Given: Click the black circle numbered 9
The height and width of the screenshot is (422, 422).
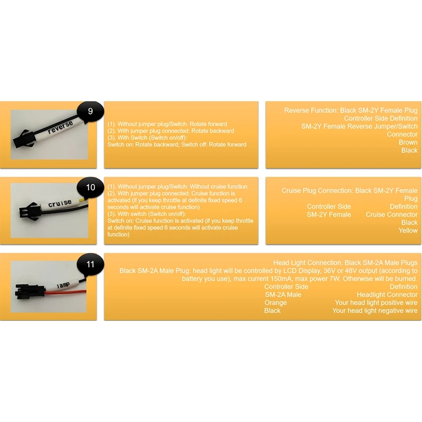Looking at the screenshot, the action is pos(90,111).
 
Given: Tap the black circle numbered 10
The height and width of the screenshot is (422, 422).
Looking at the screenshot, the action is pos(90,187).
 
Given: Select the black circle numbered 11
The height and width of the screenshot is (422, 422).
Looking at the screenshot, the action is pos(90,264).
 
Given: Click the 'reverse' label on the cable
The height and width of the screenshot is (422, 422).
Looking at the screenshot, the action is pos(61,127).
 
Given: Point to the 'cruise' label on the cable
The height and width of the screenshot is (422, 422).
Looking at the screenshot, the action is pos(60,204).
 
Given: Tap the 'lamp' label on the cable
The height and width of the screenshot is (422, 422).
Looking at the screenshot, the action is pos(63,285).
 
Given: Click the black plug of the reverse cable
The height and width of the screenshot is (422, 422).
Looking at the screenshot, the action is pos(22,139).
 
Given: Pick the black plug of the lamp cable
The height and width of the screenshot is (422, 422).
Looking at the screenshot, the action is pos(30,292).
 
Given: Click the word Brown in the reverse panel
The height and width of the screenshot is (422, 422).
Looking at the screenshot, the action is pos(408,142).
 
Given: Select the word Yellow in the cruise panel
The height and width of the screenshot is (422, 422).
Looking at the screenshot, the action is pos(408,231).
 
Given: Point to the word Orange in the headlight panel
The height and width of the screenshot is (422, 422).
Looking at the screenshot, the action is pos(275,303).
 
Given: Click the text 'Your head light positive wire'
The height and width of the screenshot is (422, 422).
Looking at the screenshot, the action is pos(376,303).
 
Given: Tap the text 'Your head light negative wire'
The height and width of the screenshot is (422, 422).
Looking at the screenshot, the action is pos(375,311).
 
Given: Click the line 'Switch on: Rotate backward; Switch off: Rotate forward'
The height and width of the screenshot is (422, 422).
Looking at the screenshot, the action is pos(177,145).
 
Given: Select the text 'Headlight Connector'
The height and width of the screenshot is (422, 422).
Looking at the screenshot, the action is pos(387,295).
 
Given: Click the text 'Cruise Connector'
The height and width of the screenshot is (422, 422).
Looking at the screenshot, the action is pos(391,215).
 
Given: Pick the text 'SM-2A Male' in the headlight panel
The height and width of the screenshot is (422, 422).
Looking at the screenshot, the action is pos(283,295).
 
